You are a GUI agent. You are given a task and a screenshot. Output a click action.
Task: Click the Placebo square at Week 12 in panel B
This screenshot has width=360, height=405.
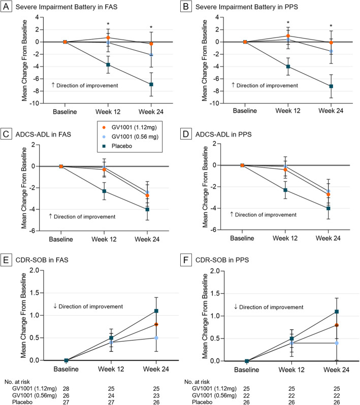pos(288,66)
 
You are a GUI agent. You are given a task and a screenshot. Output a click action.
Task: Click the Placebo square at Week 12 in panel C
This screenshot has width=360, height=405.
pos(104,191)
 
